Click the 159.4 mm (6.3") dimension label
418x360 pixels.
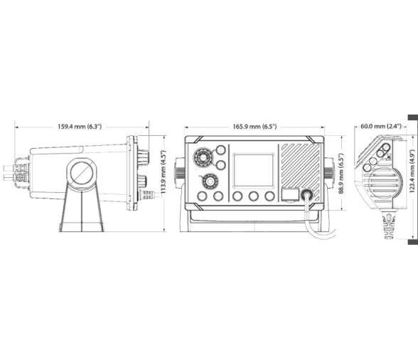click(80, 127)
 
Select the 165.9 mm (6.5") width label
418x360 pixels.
click(254, 127)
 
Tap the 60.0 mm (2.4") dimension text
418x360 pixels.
click(381, 126)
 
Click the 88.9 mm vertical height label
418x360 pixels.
click(341, 173)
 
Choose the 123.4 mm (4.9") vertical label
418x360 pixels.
click(412, 171)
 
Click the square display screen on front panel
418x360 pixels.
click(254, 170)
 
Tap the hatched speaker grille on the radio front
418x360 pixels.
click(301, 173)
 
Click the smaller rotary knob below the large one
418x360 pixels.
click(210, 181)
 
